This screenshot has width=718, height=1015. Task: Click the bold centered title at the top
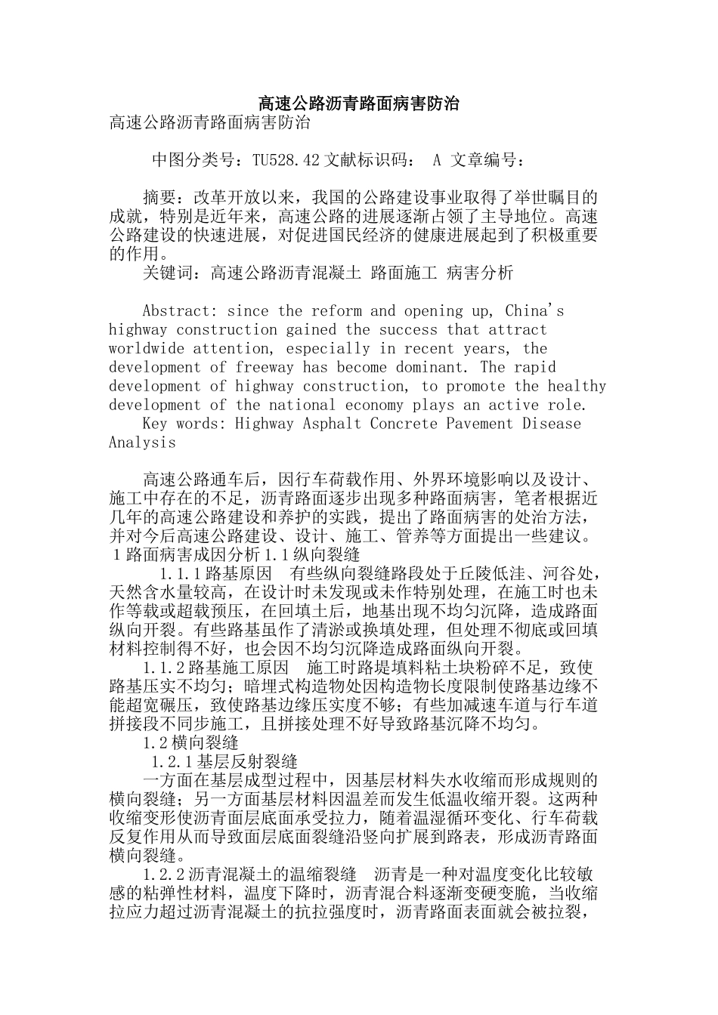pos(359,103)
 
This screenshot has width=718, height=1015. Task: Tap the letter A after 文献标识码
pos(437,160)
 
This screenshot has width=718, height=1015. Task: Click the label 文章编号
pos(487,160)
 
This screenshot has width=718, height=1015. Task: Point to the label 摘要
pos(159,198)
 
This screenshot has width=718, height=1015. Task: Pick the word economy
pos(374,406)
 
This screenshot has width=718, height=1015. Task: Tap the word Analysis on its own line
pos(142,443)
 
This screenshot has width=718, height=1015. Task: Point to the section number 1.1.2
pos(163,668)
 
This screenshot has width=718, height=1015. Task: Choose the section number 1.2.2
pos(163,875)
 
